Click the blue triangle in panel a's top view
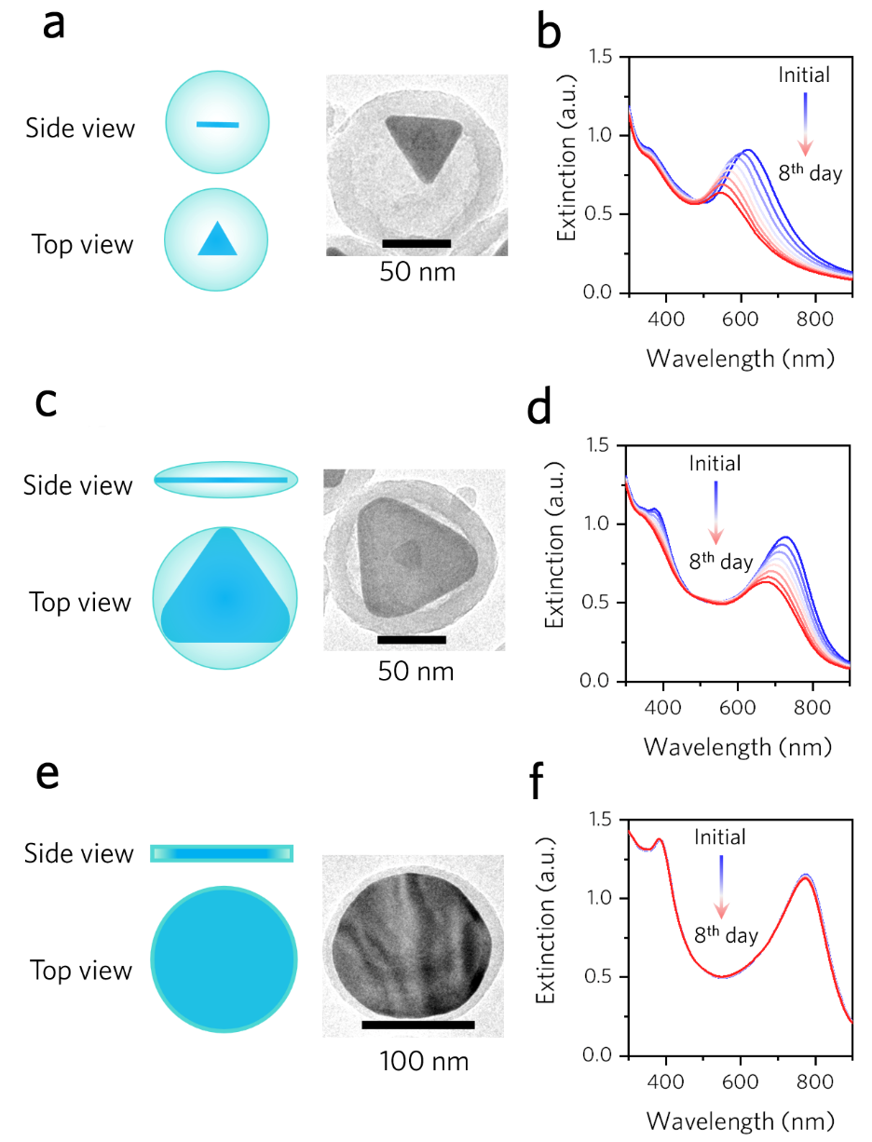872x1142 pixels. [216, 238]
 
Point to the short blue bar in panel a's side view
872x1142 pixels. [217, 123]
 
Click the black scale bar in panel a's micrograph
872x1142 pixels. [416, 244]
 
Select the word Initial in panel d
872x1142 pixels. [715, 463]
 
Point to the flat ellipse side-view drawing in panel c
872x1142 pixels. [225, 480]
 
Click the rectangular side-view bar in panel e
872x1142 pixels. [222, 853]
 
